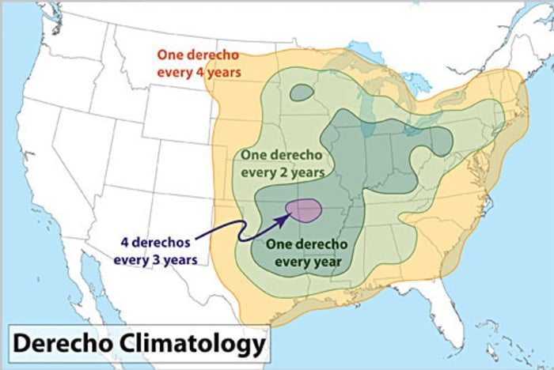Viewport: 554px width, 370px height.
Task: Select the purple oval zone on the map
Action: coord(303,210)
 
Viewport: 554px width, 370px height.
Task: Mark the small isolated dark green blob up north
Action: coord(301,92)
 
